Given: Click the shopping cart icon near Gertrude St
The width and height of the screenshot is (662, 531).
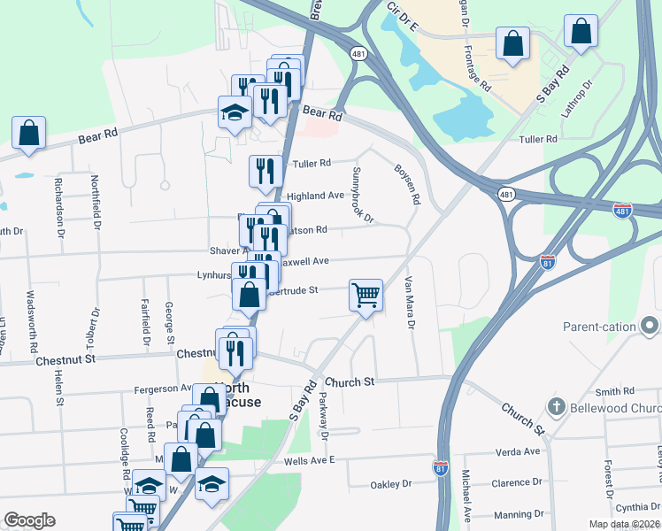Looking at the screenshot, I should [366, 296].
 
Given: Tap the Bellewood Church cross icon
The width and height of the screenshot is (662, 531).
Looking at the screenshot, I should [556, 407].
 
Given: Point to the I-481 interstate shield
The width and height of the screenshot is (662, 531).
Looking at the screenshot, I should [622, 210].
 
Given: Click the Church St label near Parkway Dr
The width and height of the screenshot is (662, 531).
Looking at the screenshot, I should [350, 381].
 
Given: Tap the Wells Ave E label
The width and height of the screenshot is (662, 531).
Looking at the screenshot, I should [309, 460].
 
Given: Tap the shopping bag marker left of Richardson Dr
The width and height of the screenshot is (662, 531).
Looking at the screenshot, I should [28, 134].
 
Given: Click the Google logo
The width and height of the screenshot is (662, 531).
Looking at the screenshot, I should [29, 520].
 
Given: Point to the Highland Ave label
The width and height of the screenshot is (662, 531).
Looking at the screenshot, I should [315, 196].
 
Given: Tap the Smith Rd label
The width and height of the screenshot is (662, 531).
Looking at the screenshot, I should [615, 391].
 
